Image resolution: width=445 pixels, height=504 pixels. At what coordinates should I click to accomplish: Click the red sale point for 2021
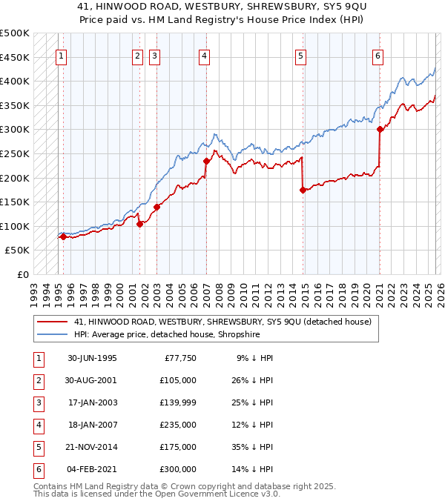coord(380,129)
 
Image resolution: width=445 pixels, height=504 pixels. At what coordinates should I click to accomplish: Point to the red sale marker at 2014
coord(303,190)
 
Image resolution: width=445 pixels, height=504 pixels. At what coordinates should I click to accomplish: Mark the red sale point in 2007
coord(206,161)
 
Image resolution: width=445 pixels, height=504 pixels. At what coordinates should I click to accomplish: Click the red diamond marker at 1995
coord(63,237)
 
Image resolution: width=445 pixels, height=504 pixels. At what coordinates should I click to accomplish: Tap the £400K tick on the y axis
coord(15,81)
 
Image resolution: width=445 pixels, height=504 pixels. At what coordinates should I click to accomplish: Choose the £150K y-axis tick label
coord(15,202)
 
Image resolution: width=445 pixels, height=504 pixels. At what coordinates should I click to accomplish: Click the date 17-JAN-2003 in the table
coord(93,402)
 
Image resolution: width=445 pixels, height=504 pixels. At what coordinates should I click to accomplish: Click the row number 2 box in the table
coord(38,380)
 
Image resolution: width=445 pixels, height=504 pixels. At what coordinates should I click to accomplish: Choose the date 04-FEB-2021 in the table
coord(93,469)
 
